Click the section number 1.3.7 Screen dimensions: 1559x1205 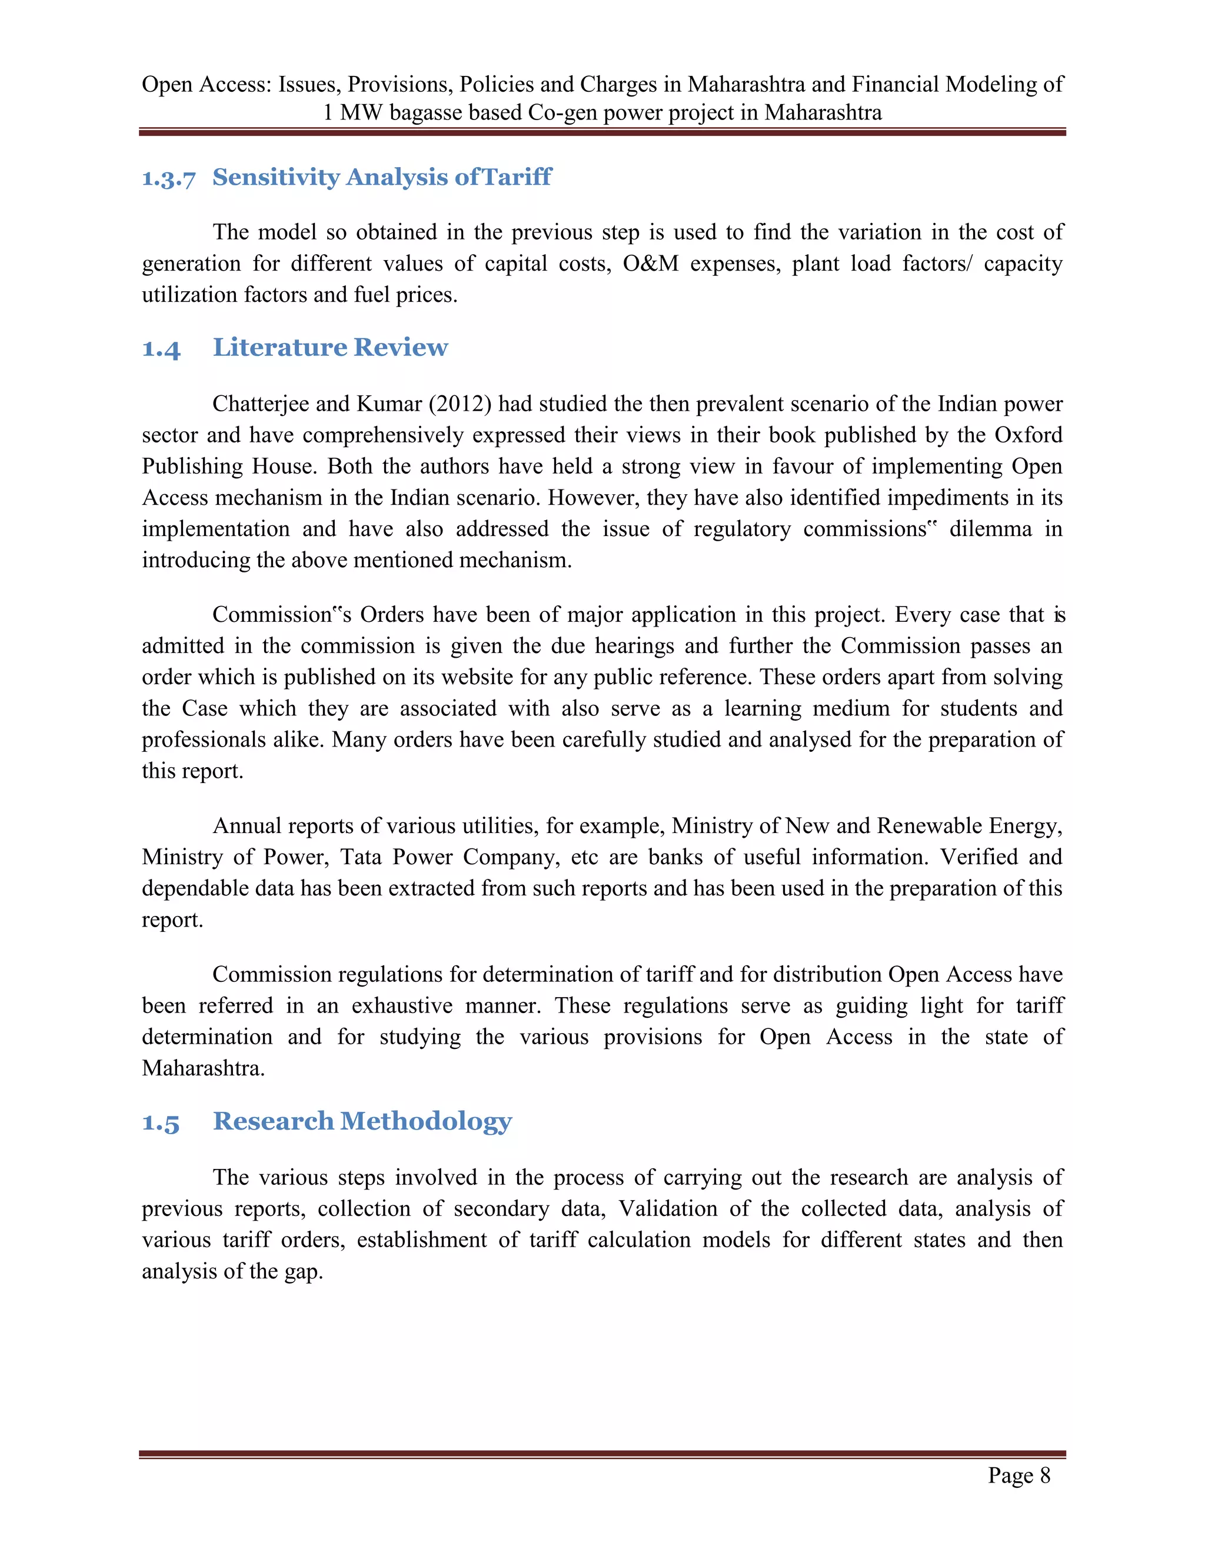pos(168,178)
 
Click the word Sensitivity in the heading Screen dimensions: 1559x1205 pos(275,177)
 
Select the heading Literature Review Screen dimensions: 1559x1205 pos(330,348)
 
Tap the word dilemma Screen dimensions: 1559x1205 pos(990,529)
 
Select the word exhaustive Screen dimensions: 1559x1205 pos(402,1006)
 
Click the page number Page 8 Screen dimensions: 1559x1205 pos(1018,1475)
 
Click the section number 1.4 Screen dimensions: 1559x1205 pos(161,349)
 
